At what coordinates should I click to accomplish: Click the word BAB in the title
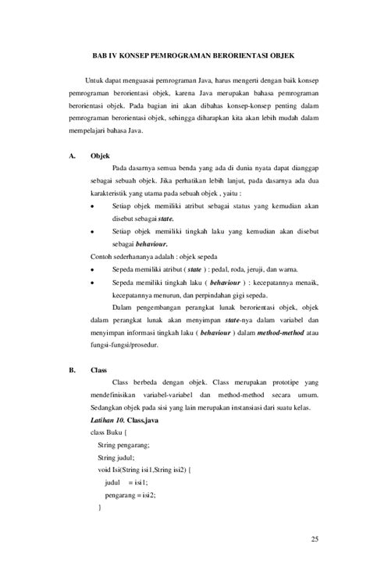point(98,57)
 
